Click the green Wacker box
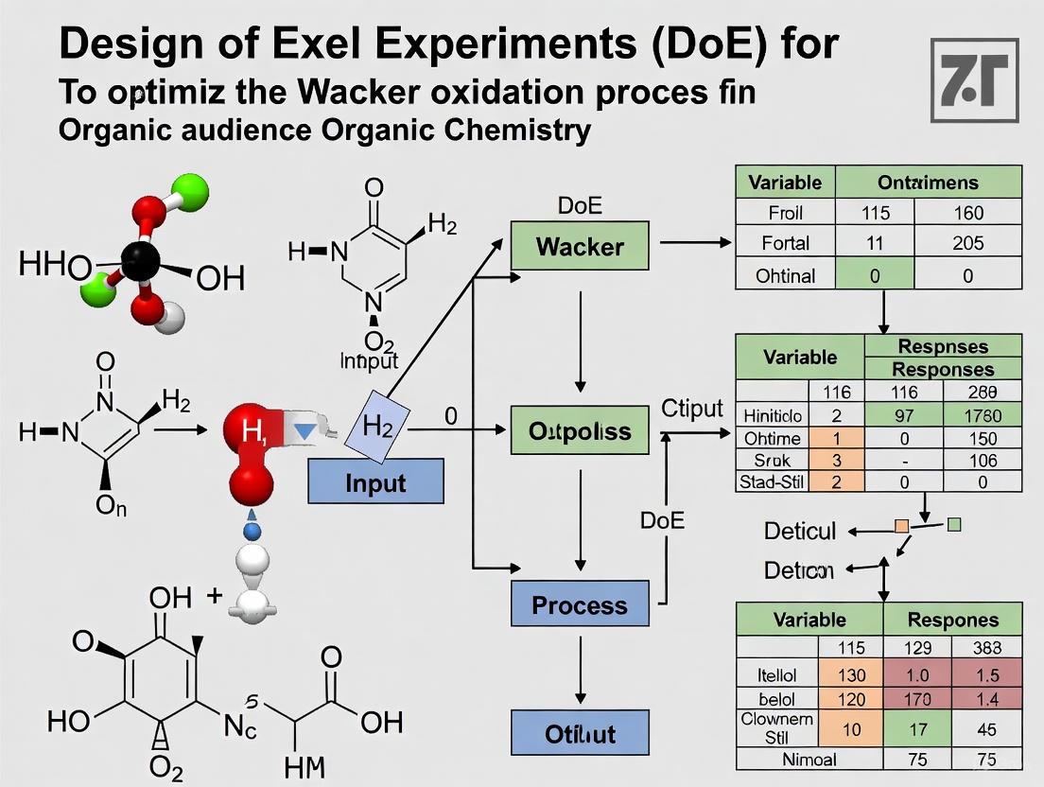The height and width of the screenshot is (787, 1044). tap(580, 247)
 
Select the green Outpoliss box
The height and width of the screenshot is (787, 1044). tap(580, 431)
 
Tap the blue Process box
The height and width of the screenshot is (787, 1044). tap(580, 604)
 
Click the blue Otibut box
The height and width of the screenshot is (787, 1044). tap(580, 733)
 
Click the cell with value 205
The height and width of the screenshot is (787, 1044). tap(967, 243)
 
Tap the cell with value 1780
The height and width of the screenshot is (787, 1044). tap(982, 414)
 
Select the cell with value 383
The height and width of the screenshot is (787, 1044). tap(985, 648)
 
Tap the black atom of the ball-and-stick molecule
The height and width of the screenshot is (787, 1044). tap(142, 258)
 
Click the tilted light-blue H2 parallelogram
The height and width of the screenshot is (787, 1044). tap(375, 427)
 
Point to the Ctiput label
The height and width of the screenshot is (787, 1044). tap(691, 410)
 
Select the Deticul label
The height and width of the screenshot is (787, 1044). tap(800, 531)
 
